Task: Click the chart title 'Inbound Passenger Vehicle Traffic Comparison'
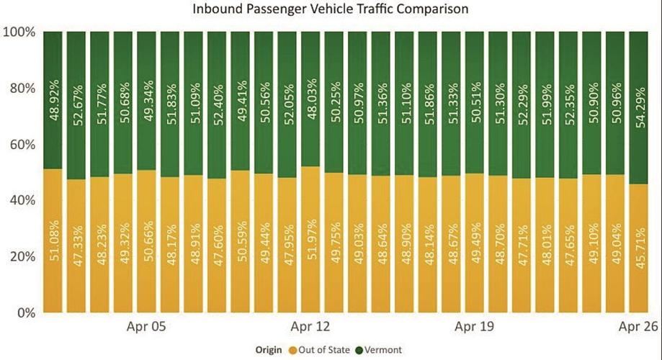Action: (x=331, y=10)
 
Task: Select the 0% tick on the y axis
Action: (x=24, y=313)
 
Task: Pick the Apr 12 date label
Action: (x=311, y=328)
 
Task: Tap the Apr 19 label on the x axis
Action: (x=475, y=328)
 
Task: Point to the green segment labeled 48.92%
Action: (x=53, y=100)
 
